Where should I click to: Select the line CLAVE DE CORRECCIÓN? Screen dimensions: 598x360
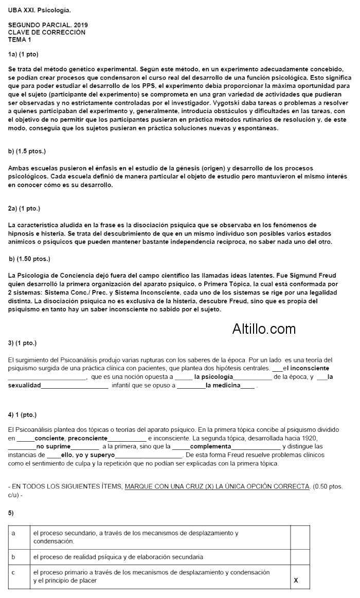tap(47, 32)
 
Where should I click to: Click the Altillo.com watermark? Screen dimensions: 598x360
tap(264, 329)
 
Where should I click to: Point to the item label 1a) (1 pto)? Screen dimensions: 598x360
tap(23, 53)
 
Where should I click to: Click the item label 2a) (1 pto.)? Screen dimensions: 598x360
tap(24, 208)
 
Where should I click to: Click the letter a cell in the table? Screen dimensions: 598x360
tap(13, 533)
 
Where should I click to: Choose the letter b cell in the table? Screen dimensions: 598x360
tap(13, 556)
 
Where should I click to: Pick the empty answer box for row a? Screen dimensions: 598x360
tap(300, 537)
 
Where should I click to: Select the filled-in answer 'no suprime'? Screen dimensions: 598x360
tap(53, 446)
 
